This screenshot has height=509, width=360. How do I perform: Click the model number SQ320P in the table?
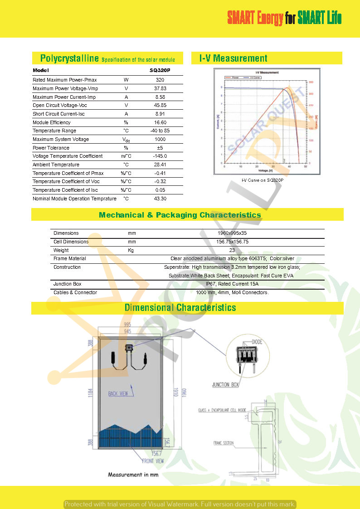tap(160, 71)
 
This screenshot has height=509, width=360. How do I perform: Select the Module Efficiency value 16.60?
tap(160, 122)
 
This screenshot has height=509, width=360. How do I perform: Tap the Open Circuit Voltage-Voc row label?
tap(60, 105)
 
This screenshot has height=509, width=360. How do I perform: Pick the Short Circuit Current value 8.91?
tap(160, 114)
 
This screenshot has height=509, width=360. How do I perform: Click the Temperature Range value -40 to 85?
tap(160, 131)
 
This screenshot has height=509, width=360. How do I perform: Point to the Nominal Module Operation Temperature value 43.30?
tap(160, 199)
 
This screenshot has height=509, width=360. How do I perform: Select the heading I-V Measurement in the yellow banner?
tap(234, 58)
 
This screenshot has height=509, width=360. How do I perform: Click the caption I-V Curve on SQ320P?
tap(263, 180)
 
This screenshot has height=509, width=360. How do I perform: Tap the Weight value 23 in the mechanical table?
tap(232, 250)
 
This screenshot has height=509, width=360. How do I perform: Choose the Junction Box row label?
tap(68, 284)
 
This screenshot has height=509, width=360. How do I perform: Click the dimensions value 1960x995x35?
tap(232, 233)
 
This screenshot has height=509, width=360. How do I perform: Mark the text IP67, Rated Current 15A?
tap(232, 284)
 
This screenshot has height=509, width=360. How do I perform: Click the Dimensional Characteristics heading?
tap(180, 308)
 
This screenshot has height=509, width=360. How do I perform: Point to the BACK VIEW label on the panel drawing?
tap(118, 393)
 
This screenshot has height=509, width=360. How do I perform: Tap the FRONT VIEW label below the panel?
tap(153, 461)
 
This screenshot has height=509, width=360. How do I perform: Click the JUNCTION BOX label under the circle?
tap(225, 385)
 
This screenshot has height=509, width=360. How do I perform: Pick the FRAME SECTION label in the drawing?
tap(224, 442)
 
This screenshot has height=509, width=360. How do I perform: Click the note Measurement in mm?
tap(133, 475)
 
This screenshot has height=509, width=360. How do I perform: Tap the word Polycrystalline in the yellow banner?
tap(69, 58)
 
